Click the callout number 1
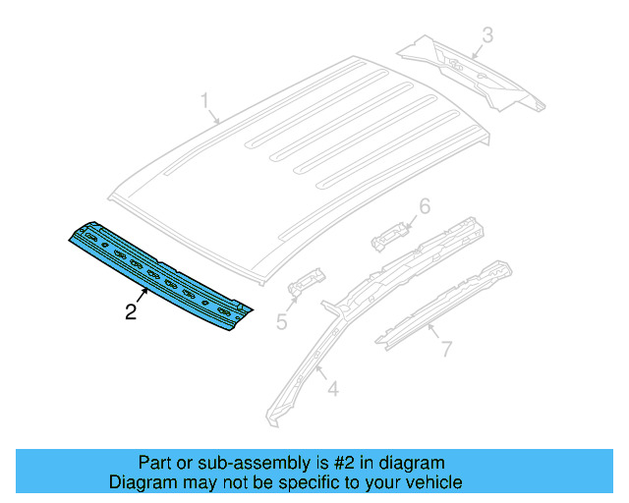(x=205, y=101)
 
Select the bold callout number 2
(x=131, y=312)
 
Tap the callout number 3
(x=486, y=37)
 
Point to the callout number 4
(x=332, y=390)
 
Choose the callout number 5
(x=281, y=320)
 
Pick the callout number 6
(x=425, y=206)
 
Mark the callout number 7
(x=445, y=348)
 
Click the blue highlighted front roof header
(x=157, y=275)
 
